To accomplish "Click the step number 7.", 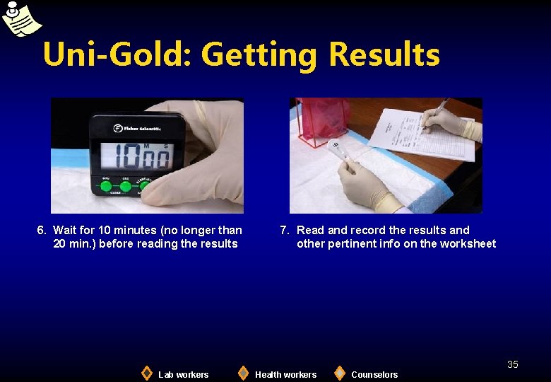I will pos(284,230).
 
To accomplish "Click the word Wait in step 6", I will pos(66,230).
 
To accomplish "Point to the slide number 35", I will pos(513,364).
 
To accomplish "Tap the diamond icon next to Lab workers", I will pos(146,373).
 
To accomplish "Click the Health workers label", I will pos(285,374).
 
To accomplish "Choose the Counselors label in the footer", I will pos(374,374).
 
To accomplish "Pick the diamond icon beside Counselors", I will pos(340,373).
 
